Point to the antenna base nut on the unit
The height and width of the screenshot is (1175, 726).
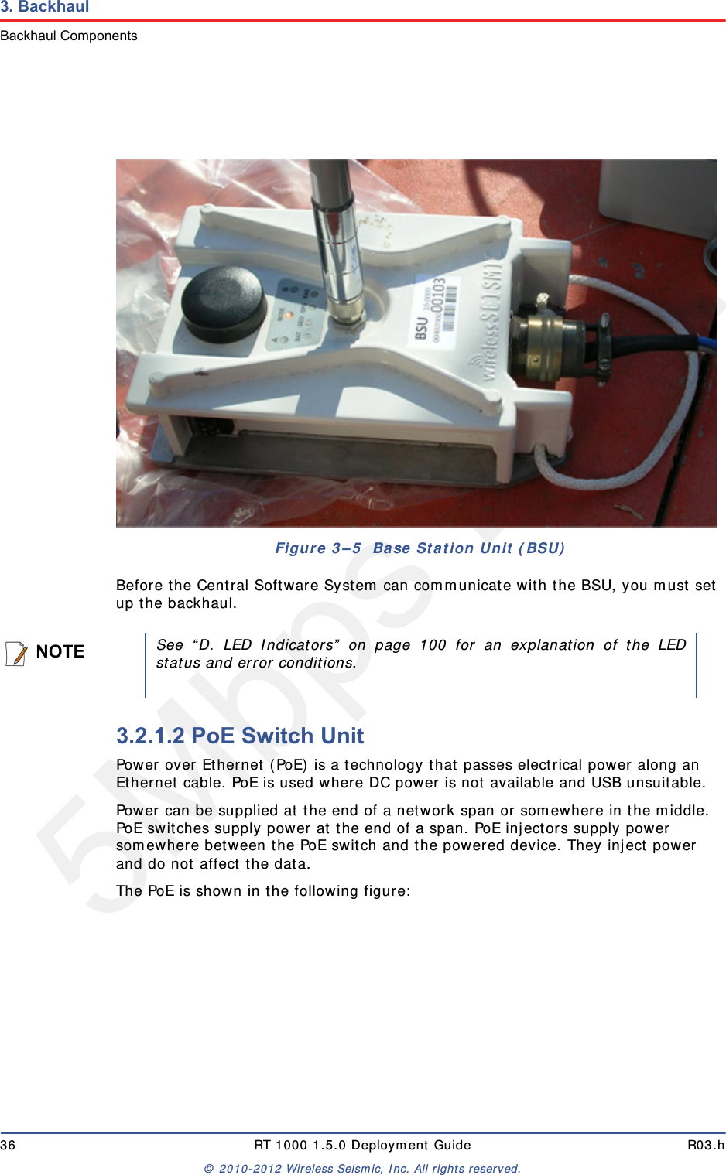point(348,318)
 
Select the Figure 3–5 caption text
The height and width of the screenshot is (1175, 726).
point(420,548)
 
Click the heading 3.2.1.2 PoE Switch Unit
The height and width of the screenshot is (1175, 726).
point(240,736)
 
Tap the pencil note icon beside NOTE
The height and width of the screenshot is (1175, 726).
point(16,653)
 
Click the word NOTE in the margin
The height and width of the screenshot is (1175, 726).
point(60,652)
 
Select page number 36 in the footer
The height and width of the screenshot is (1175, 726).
point(8,1146)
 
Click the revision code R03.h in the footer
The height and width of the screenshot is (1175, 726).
point(705,1146)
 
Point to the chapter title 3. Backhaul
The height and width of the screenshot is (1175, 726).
point(45,7)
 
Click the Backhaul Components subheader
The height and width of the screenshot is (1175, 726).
point(69,36)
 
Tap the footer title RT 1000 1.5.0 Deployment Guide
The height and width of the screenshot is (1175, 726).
point(362,1146)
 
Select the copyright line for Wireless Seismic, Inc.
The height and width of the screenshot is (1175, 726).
point(362,1169)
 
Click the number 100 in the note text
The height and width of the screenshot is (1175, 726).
point(433,645)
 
